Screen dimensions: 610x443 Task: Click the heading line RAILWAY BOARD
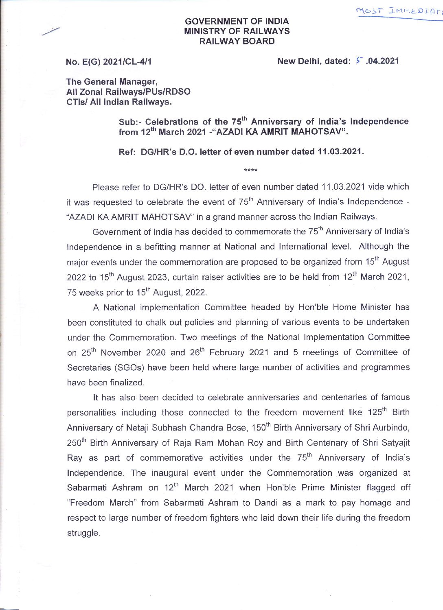point(237,41)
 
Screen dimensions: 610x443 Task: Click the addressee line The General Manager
point(112,82)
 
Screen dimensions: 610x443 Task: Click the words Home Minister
point(362,307)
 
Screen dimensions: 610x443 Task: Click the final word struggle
point(83,533)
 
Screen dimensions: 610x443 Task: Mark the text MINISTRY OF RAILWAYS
point(237,31)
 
